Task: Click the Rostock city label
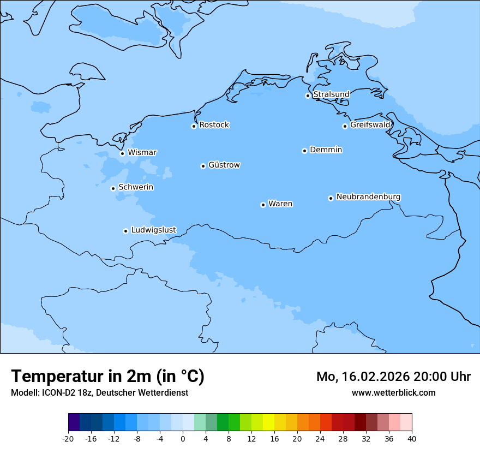tap(214, 125)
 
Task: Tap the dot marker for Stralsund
tap(308, 96)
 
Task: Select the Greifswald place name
tap(370, 125)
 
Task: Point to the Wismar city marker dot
tap(122, 153)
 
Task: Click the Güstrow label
tap(224, 165)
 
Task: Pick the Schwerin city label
tap(136, 187)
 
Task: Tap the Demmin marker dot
tap(304, 151)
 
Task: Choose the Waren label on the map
tap(280, 204)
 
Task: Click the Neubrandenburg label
tap(368, 196)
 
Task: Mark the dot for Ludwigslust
tap(125, 231)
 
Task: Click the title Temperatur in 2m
tap(107, 377)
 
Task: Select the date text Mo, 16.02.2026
tap(363, 377)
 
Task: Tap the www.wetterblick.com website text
tap(393, 392)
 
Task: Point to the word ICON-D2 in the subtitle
tap(57, 392)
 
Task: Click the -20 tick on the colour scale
tap(68, 439)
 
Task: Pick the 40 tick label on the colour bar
tap(412, 439)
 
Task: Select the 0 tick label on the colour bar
tap(183, 439)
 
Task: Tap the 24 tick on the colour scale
tap(320, 439)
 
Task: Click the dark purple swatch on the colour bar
tap(74, 422)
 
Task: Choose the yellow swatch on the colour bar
tap(268, 422)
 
